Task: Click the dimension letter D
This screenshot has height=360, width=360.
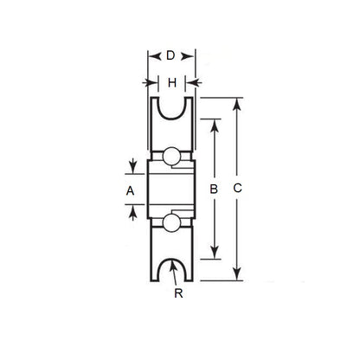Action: click(171, 55)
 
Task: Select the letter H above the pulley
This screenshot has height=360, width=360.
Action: click(171, 82)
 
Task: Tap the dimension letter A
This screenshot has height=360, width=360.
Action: click(131, 189)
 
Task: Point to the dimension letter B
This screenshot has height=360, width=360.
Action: click(214, 187)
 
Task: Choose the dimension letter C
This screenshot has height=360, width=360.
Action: click(237, 187)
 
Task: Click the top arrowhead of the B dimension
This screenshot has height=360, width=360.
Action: click(214, 122)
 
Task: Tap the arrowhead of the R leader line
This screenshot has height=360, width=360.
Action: click(173, 262)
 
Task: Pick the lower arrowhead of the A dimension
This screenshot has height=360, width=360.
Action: click(132, 205)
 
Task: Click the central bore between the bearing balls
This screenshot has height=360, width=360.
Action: click(171, 189)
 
